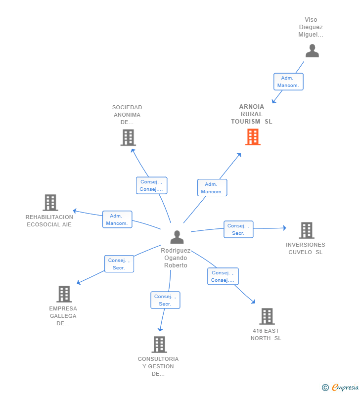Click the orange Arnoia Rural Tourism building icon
(x=253, y=137)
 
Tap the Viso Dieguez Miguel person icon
(x=312, y=50)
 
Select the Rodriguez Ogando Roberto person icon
(x=177, y=237)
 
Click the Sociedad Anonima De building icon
(x=128, y=137)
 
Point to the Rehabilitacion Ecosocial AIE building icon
(x=50, y=203)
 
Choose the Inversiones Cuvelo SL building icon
(x=307, y=230)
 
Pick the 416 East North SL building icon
(x=267, y=316)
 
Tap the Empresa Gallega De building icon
(x=64, y=294)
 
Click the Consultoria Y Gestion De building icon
(x=159, y=345)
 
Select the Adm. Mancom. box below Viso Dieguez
(x=288, y=82)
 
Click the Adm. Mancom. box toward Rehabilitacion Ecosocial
(x=117, y=219)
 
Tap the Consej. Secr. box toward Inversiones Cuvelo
(x=238, y=229)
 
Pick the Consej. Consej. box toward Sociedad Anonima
(x=152, y=185)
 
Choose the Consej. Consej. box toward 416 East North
(x=223, y=276)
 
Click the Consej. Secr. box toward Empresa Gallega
(x=119, y=263)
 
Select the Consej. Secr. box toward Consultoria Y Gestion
(x=165, y=300)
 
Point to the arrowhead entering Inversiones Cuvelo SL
(x=284, y=228)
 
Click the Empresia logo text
(x=345, y=388)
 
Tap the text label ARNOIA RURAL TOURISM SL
(x=251, y=114)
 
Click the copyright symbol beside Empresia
(x=325, y=388)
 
